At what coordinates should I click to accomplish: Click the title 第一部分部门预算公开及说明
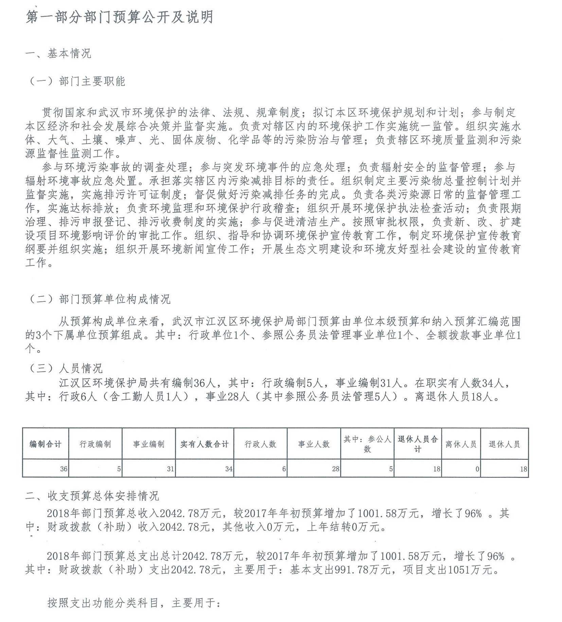click(119, 17)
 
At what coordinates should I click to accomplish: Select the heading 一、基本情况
click(58, 54)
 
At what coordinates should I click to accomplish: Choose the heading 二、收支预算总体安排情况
click(92, 496)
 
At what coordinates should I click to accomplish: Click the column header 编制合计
click(46, 444)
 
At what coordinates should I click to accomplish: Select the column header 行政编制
click(95, 444)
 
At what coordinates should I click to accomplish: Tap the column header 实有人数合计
click(205, 444)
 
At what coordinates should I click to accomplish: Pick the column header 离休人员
click(461, 444)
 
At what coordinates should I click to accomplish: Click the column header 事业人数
click(314, 444)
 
